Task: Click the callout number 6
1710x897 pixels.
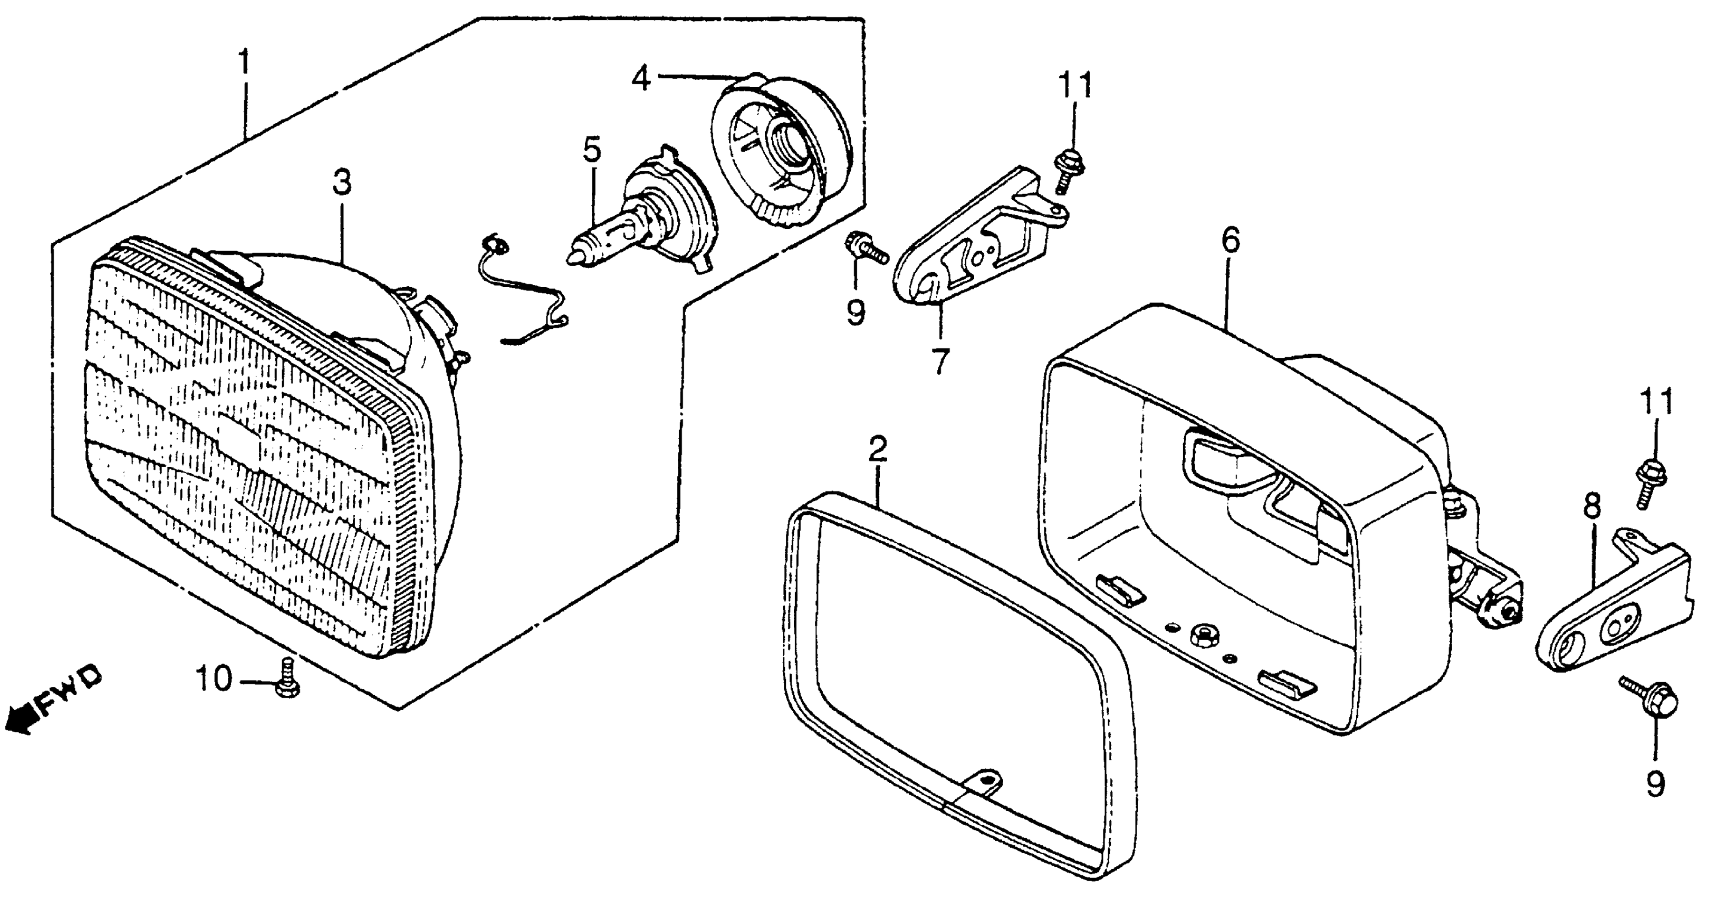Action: [x=1230, y=241]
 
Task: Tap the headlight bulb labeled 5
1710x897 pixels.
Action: [x=637, y=226]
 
